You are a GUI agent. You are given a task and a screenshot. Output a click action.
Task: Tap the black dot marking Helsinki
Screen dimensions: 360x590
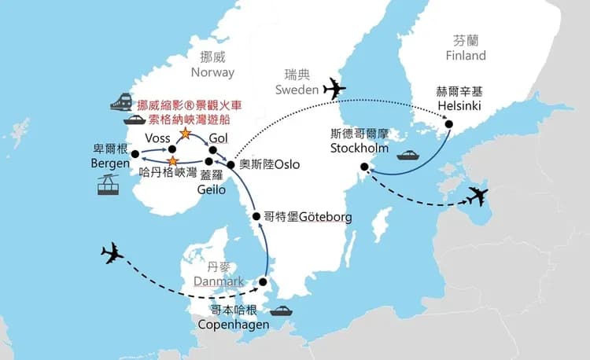(449, 123)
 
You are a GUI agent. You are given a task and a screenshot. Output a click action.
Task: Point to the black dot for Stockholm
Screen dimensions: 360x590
(363, 166)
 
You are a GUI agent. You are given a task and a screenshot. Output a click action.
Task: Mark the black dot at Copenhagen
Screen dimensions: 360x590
(264, 281)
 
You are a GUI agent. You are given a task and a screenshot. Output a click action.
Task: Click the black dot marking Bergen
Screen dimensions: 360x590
(131, 155)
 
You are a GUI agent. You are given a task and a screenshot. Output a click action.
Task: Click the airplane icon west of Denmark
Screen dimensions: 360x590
(114, 254)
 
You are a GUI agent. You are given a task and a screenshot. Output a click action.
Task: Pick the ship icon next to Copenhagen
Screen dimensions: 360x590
(282, 310)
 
